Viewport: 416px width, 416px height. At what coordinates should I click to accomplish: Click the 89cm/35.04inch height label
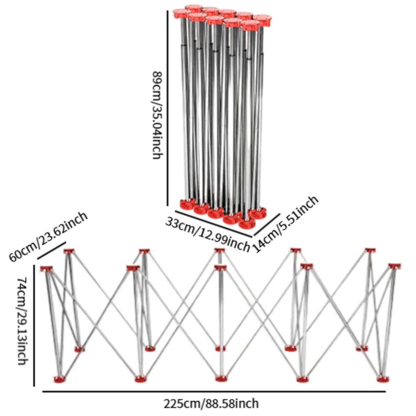click(157, 115)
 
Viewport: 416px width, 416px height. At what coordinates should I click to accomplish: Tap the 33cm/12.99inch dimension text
click(207, 234)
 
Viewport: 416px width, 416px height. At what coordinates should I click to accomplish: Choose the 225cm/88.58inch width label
click(211, 404)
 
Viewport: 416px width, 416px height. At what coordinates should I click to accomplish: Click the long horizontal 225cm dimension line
click(214, 392)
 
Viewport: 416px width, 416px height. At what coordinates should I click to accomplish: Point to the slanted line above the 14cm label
click(266, 224)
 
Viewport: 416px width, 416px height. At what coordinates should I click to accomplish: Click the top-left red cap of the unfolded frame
click(46, 269)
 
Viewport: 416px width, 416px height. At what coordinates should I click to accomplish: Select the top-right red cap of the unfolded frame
click(394, 266)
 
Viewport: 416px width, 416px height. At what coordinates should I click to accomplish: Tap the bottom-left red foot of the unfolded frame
click(60, 379)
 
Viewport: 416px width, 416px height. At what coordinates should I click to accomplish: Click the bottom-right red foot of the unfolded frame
click(383, 379)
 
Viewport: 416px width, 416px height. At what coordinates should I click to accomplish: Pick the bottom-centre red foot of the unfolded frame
click(221, 378)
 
